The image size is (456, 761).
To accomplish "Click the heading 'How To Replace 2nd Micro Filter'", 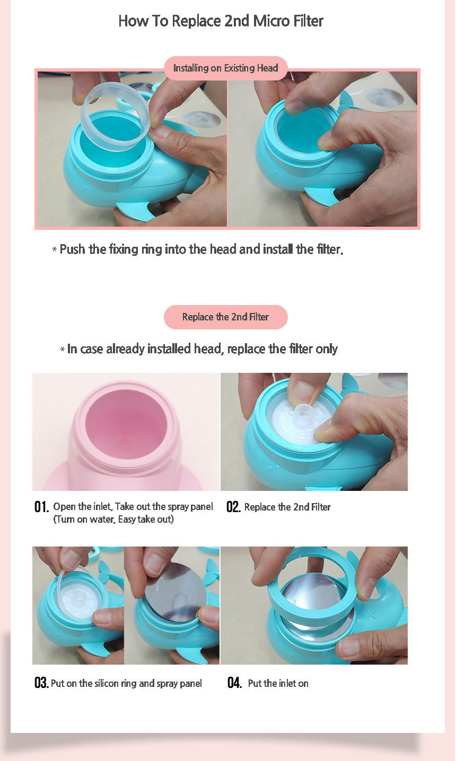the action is tap(221, 21).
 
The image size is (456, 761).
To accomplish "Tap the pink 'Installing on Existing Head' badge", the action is tap(226, 68).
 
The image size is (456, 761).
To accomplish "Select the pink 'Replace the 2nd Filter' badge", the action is tap(226, 317).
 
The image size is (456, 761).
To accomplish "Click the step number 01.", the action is tap(41, 507).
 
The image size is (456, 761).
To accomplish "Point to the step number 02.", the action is tap(233, 507).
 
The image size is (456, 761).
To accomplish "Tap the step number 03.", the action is tap(41, 683).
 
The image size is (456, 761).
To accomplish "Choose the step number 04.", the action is tap(235, 683).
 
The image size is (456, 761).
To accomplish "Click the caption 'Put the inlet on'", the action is tap(278, 683).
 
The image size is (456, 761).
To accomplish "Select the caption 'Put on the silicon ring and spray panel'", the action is tap(126, 683).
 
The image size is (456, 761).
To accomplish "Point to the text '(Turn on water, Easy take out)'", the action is tap(113, 520).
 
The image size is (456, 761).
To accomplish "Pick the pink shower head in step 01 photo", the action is tap(126, 438).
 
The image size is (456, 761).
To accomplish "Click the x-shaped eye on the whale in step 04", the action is tap(371, 614).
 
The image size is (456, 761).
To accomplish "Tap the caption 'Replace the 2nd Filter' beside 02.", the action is tap(287, 507).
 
